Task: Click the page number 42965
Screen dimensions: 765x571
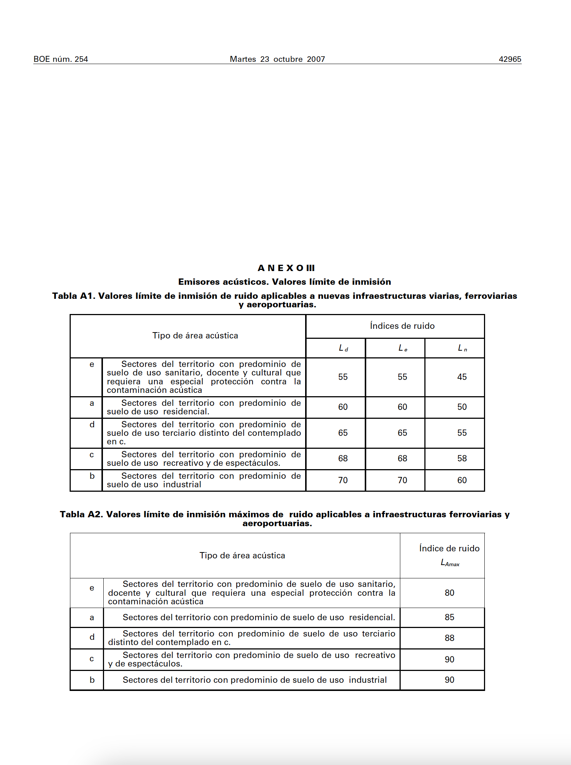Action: point(510,59)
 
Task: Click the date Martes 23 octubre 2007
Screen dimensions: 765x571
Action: point(277,59)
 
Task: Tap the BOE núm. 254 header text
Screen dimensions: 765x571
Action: point(61,59)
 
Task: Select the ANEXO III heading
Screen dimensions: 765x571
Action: point(286,268)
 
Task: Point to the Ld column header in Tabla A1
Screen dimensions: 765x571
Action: point(343,348)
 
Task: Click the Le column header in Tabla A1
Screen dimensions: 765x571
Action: point(403,348)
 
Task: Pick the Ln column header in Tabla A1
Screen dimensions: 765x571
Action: point(462,348)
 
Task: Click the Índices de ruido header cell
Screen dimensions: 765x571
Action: point(402,326)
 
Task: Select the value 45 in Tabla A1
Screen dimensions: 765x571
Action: point(462,377)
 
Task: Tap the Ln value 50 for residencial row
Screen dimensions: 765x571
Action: point(462,407)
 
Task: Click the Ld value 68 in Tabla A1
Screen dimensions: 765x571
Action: point(343,458)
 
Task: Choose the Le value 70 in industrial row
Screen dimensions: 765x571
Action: point(402,480)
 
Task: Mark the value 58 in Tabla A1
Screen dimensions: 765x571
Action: point(462,458)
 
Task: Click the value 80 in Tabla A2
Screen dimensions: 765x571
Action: point(449,593)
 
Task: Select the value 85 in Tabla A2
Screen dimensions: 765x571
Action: point(449,617)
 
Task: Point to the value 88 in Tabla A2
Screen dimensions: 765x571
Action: point(449,638)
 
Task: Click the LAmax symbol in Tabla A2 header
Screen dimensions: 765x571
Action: point(450,563)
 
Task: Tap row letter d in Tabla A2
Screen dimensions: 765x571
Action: point(92,637)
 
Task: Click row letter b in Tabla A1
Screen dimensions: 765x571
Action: point(92,476)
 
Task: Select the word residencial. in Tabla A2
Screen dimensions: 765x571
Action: point(372,617)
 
